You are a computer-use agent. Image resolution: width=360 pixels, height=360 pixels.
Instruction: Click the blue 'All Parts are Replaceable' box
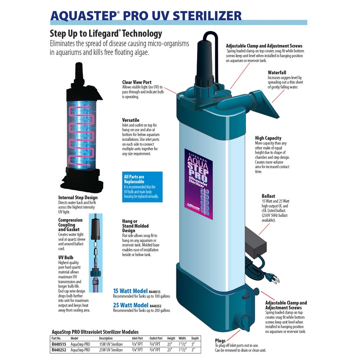142,187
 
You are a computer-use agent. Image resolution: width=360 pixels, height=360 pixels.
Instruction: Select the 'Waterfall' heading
277,72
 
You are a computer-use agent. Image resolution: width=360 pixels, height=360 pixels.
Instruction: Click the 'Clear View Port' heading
137,82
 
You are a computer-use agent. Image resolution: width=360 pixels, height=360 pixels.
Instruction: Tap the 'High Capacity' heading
268,138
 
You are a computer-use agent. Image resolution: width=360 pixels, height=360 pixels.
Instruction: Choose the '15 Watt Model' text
130,291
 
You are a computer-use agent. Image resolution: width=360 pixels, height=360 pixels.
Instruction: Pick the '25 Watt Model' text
130,305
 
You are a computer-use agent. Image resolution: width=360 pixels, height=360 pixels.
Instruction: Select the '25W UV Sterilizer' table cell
111,350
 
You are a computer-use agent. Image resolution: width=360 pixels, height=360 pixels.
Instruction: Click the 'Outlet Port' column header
156,338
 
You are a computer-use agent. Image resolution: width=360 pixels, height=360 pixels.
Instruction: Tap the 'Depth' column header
195,338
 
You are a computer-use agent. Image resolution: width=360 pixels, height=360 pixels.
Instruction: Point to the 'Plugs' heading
220,341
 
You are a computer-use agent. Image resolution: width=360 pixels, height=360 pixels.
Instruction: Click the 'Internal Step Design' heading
78,198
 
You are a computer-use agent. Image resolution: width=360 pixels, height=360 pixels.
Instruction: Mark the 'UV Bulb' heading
66,257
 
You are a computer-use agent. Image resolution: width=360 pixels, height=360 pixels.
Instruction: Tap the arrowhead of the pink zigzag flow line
89,107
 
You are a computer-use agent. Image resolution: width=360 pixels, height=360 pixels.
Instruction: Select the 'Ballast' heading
268,196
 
